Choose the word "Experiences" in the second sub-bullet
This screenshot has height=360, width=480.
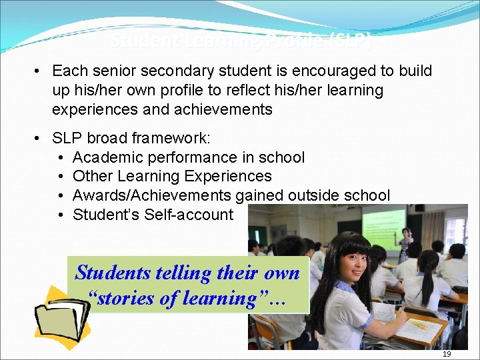(x=231, y=176)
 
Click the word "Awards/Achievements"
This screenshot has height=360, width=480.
(x=152, y=195)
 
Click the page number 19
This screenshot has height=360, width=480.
(x=447, y=354)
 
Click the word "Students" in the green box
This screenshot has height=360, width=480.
(x=113, y=272)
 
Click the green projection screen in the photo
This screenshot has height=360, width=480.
(x=383, y=227)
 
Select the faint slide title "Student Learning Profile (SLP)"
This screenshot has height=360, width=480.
(x=241, y=41)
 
